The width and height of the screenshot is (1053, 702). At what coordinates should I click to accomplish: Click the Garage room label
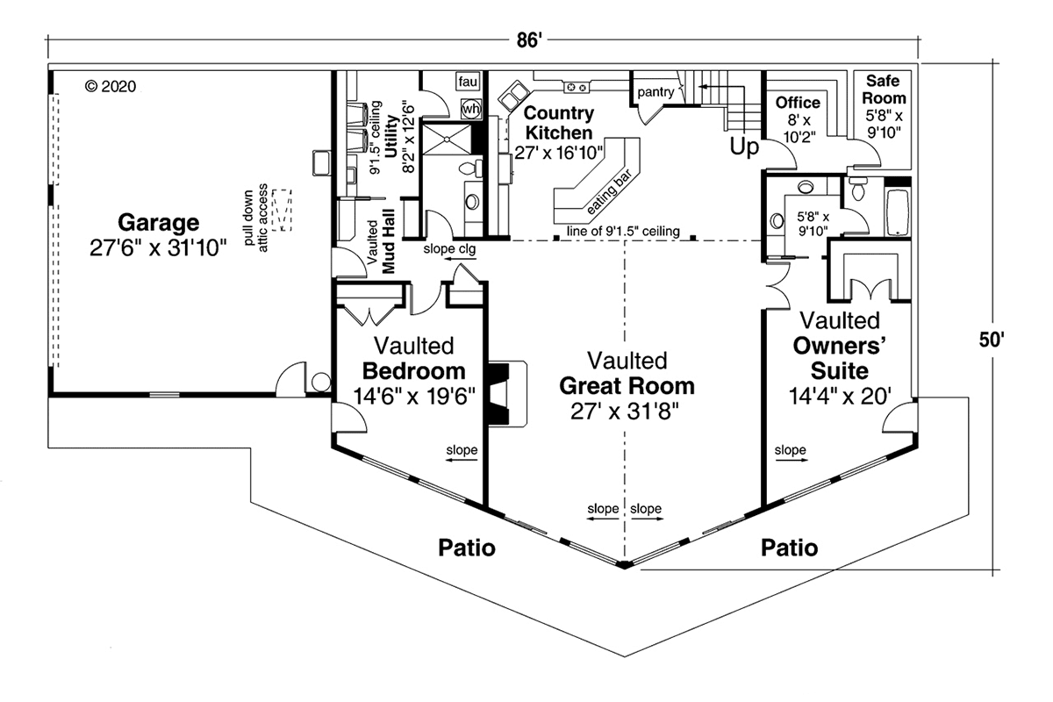pyautogui.click(x=159, y=222)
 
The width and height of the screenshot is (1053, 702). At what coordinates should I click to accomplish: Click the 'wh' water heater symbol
pyautogui.click(x=471, y=108)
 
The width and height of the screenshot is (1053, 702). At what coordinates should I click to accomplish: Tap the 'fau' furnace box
pyautogui.click(x=467, y=82)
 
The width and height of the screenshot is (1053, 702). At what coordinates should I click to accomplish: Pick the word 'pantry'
pyautogui.click(x=655, y=91)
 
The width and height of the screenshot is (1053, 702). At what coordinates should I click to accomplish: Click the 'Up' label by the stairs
pyautogui.click(x=744, y=148)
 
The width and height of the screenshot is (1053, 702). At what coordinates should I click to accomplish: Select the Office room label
pyautogui.click(x=798, y=104)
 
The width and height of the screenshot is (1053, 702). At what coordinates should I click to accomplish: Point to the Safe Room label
pyautogui.click(x=884, y=90)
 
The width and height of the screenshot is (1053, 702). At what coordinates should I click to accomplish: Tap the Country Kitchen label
pyautogui.click(x=559, y=123)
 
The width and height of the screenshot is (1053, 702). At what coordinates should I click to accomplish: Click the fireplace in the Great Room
pyautogui.click(x=507, y=392)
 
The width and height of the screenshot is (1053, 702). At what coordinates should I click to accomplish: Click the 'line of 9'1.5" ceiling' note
pyautogui.click(x=623, y=231)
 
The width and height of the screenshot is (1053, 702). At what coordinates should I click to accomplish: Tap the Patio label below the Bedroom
pyautogui.click(x=467, y=548)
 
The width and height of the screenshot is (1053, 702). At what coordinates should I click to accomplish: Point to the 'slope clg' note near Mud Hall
pyautogui.click(x=450, y=249)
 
